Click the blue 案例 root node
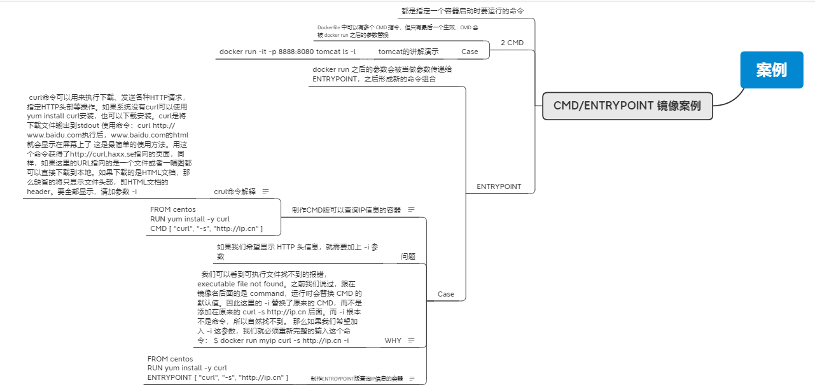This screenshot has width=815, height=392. click(771, 70)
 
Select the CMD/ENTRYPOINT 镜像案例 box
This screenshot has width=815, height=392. click(627, 106)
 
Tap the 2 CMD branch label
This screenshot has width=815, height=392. click(512, 43)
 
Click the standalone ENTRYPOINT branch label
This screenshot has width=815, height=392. click(499, 186)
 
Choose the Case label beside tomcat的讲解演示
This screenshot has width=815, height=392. click(470, 52)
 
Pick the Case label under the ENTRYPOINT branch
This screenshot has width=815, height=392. click(446, 294)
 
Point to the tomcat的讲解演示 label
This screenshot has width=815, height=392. click(408, 52)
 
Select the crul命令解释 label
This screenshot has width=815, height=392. click(235, 191)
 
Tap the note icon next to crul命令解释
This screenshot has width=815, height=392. click(265, 191)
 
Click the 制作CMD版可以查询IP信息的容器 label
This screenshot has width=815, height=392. click(346, 209)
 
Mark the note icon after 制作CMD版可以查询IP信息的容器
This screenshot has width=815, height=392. click(411, 209)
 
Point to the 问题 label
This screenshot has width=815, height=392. click(408, 256)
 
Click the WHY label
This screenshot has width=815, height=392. click(393, 340)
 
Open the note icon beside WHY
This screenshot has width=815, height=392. click(411, 340)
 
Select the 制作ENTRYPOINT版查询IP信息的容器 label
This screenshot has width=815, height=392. click(356, 379)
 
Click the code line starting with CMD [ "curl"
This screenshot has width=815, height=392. click(207, 228)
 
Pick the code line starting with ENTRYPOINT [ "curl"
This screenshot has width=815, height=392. click(218, 377)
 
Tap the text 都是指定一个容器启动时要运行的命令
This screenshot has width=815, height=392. click(463, 11)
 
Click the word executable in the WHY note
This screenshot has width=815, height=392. click(216, 283)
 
